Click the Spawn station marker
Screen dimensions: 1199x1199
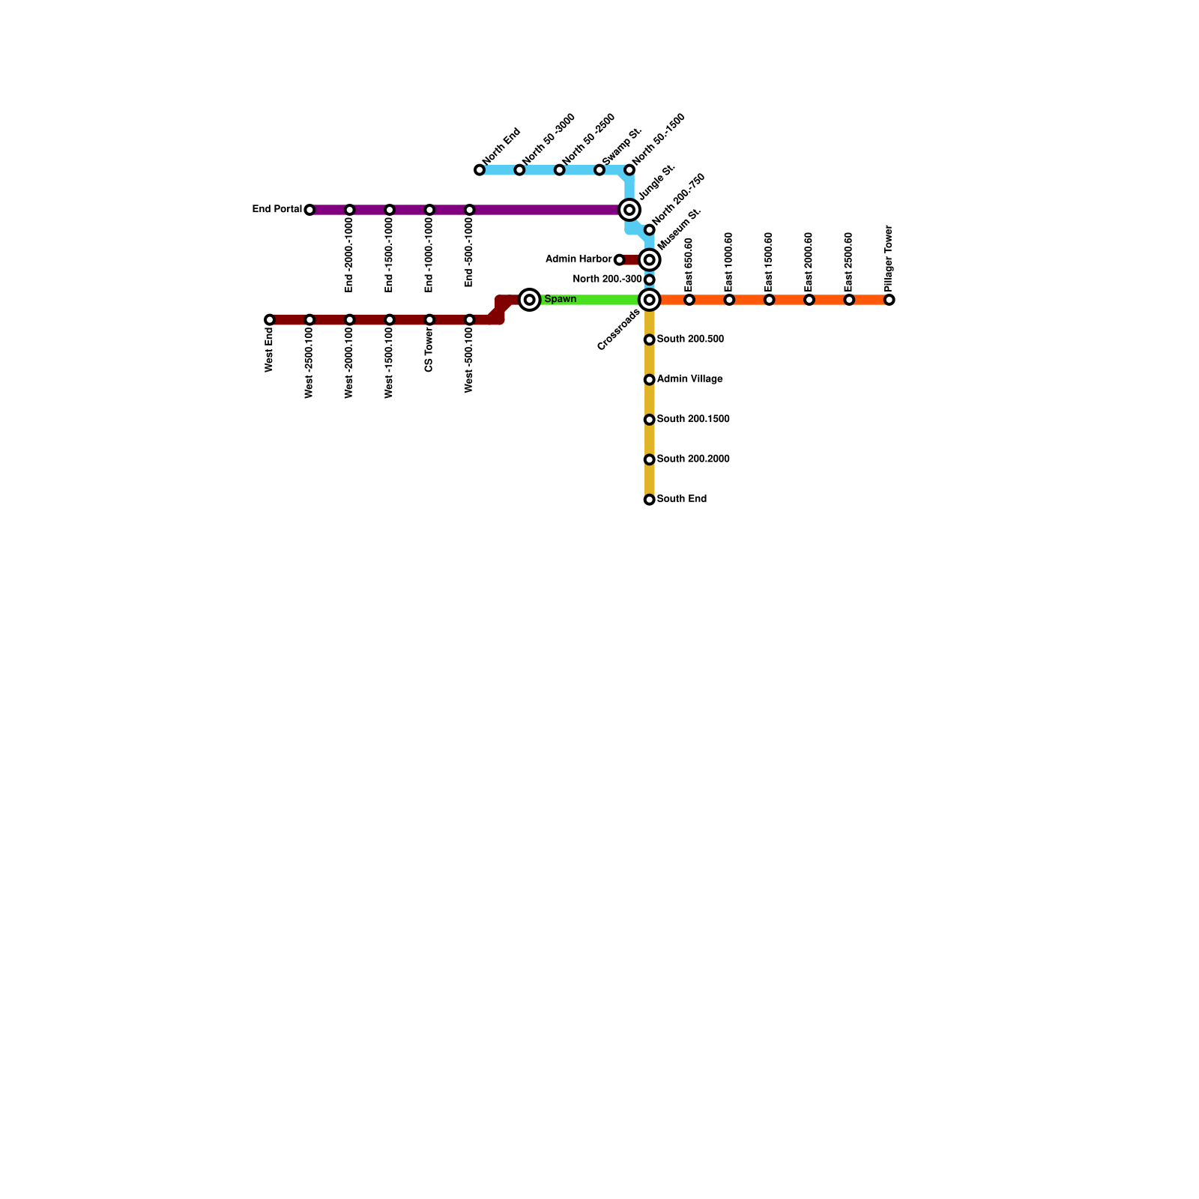pos(530,300)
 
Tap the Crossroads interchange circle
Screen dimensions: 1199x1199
pos(650,300)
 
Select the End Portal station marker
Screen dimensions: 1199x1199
pos(309,210)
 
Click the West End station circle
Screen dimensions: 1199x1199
pos(270,320)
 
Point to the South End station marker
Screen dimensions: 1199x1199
pos(650,500)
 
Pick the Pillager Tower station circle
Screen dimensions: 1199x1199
pos(890,300)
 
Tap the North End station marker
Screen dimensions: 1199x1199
pos(480,170)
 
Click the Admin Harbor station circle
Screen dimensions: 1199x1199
pos(619,260)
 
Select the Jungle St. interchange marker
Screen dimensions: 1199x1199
pos(629,210)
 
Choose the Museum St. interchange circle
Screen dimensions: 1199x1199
pos(650,260)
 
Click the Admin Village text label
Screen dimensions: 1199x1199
pos(689,379)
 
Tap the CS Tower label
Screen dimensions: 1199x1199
pos(429,349)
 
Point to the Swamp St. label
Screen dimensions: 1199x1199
pos(622,146)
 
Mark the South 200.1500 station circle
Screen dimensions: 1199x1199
pos(650,420)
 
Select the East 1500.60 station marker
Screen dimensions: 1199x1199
pos(770,300)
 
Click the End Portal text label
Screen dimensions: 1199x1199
pos(277,209)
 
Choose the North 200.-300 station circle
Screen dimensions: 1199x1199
pos(650,280)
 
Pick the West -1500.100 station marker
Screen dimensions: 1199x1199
pos(390,320)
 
